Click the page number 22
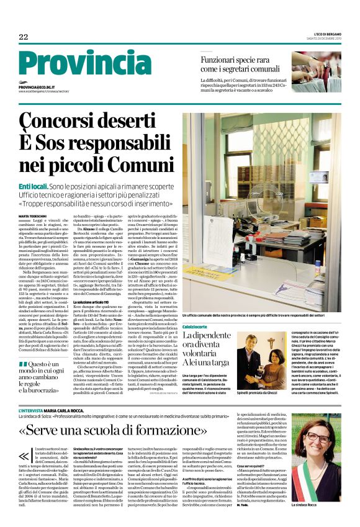click(x=24, y=37)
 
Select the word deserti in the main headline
click(x=131, y=119)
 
